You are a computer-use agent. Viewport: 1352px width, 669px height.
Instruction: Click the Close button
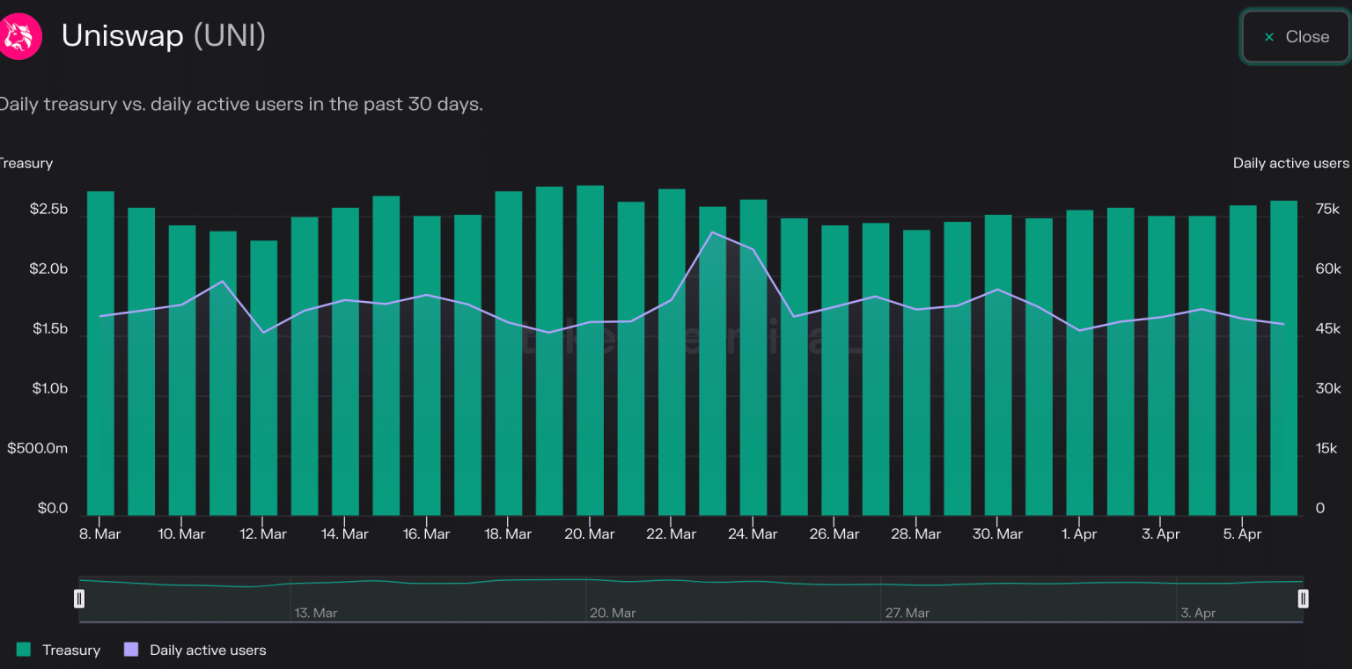(x=1296, y=37)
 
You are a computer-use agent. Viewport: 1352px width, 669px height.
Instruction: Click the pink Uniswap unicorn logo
(x=18, y=37)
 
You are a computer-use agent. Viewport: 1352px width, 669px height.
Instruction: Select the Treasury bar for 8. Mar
(x=100, y=352)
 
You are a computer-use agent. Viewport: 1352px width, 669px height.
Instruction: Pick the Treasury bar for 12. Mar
(x=264, y=379)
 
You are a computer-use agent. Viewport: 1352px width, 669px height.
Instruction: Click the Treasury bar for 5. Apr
(x=1243, y=361)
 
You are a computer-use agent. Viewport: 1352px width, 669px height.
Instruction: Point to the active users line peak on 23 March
(x=712, y=232)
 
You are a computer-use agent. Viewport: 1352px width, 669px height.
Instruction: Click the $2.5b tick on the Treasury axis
(x=48, y=210)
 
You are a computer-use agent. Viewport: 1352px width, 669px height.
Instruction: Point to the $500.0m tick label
(x=37, y=449)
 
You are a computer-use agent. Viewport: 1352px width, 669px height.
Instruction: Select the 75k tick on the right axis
(x=1327, y=210)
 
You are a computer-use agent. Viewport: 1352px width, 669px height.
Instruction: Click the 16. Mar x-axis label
(x=426, y=534)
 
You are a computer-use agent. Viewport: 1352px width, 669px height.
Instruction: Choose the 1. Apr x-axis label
(x=1079, y=534)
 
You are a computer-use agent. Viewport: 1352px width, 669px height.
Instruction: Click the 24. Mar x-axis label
(x=753, y=534)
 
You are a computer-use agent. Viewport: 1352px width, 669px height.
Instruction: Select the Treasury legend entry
(x=59, y=651)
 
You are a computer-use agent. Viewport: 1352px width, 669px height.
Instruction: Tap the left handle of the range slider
(x=79, y=599)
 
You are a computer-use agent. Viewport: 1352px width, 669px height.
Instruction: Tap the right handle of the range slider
(x=1303, y=599)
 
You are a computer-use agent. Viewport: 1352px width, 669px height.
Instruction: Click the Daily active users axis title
(x=1290, y=163)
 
